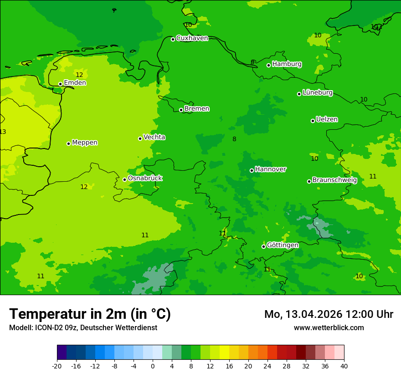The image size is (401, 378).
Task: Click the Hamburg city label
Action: click(x=287, y=64)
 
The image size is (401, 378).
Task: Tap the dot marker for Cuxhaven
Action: click(x=173, y=39)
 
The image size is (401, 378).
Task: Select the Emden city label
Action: click(x=75, y=83)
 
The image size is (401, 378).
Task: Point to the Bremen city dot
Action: click(x=181, y=110)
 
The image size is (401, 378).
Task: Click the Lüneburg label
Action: click(x=317, y=92)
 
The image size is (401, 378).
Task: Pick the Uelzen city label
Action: click(x=327, y=119)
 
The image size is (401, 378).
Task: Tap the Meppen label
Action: click(x=85, y=143)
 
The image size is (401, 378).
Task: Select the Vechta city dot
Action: click(x=140, y=138)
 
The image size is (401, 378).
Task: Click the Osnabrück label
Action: click(x=145, y=178)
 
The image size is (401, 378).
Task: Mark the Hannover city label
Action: click(x=270, y=169)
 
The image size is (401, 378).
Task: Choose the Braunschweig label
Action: click(x=334, y=180)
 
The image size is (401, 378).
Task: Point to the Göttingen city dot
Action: click(x=263, y=246)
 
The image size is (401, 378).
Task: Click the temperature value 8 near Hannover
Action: click(x=234, y=139)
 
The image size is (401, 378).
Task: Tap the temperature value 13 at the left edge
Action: click(x=3, y=132)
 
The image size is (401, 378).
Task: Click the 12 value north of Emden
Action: click(x=79, y=75)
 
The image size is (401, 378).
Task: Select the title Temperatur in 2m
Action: click(x=90, y=314)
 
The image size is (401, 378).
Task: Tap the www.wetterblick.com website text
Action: click(x=329, y=327)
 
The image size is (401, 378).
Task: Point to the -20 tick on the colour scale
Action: click(x=57, y=366)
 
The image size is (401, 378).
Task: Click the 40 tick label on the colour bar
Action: click(x=344, y=366)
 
